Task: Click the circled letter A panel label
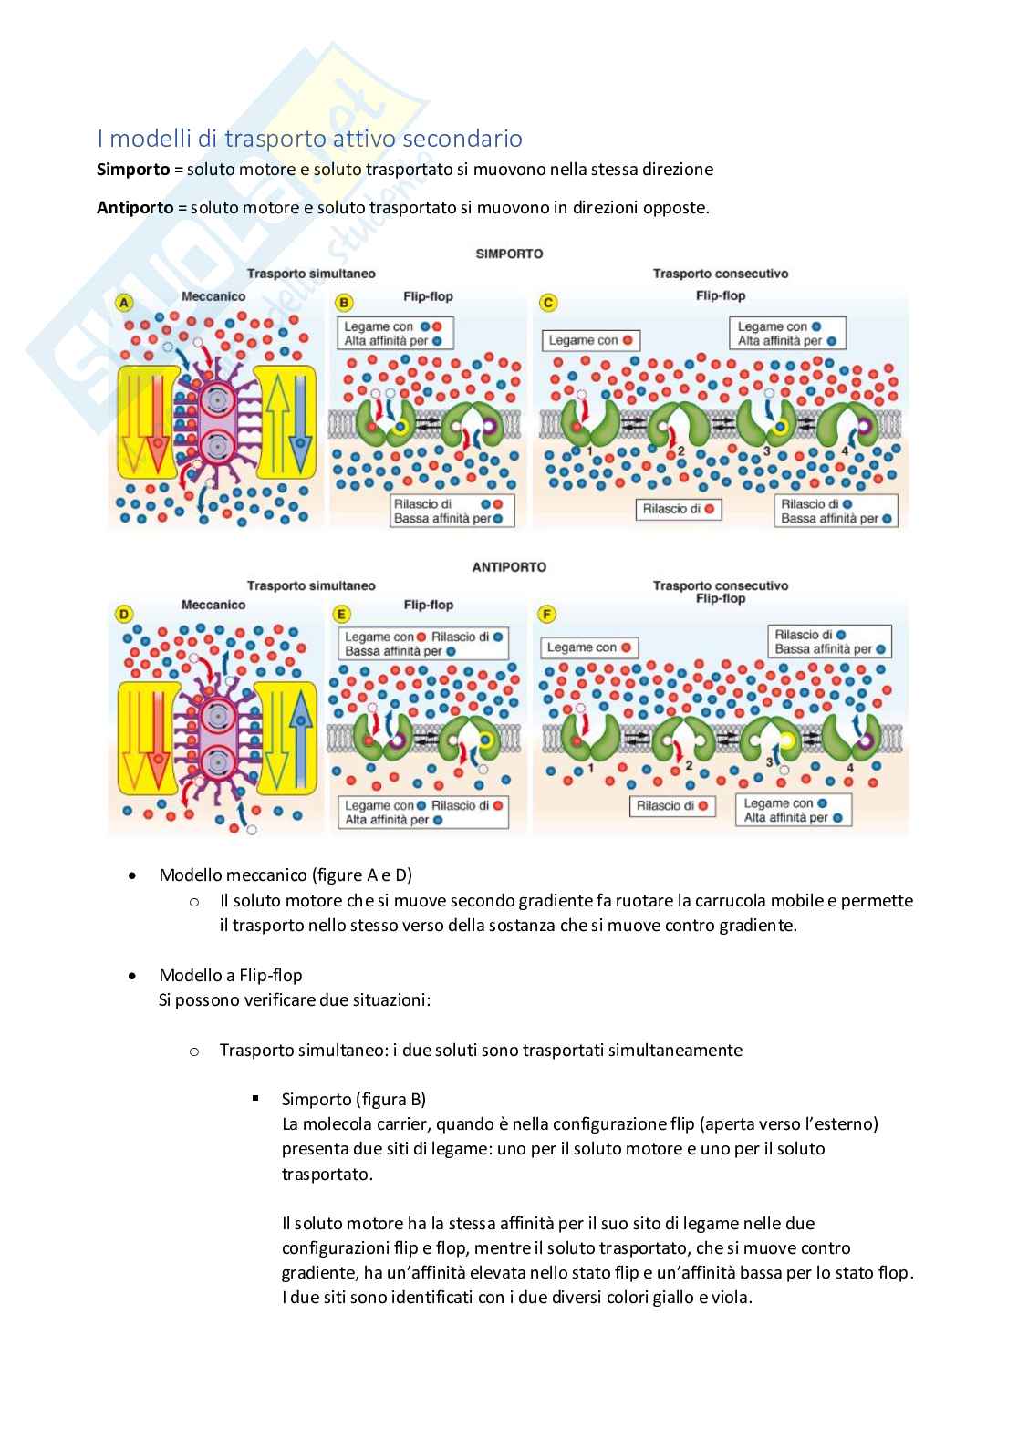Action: click(123, 301)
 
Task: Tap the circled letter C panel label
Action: click(548, 302)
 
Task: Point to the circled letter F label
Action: click(548, 615)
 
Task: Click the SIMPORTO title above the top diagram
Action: click(509, 254)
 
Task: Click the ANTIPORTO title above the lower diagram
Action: click(509, 567)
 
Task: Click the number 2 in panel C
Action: click(681, 450)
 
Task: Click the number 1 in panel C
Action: click(591, 451)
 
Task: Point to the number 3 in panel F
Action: click(768, 761)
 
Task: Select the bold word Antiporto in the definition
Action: click(135, 207)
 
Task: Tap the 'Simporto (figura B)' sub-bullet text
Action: click(354, 1099)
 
